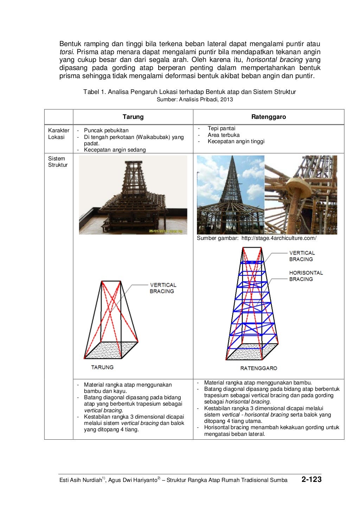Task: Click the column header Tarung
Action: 133,117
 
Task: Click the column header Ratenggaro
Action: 268,117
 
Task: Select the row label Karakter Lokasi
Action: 58,134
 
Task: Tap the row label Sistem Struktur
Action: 58,162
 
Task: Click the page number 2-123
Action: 311,479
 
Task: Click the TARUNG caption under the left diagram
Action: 102,367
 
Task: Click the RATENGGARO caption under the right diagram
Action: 258,368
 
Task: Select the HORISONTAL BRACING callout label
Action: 306,276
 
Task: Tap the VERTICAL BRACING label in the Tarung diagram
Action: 163,288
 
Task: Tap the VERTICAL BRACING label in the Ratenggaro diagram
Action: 302,256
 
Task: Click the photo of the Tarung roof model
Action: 133,195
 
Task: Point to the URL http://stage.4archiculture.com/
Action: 279,238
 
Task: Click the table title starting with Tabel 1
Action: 189,92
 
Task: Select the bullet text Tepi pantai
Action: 221,128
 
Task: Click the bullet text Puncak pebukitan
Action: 106,130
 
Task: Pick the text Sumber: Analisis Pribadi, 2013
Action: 194,100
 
